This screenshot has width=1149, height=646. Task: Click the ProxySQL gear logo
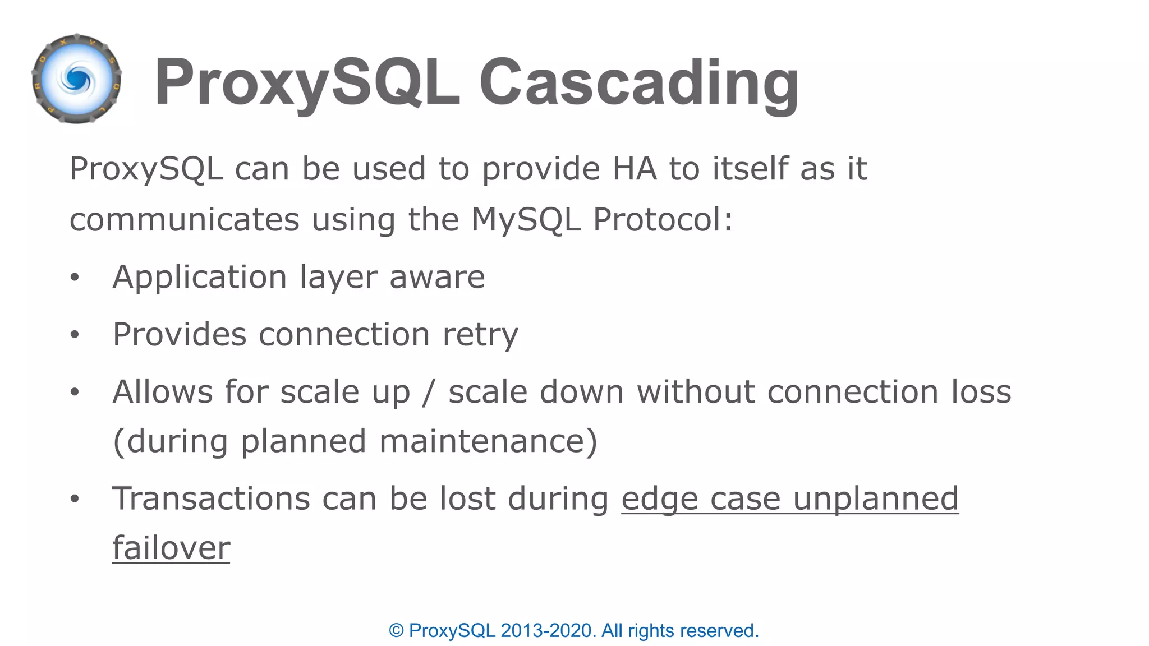click(77, 79)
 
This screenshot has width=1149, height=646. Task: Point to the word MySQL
click(526, 219)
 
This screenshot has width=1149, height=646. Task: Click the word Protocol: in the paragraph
click(663, 219)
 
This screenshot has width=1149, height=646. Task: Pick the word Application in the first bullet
click(200, 277)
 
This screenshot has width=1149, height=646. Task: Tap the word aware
click(437, 277)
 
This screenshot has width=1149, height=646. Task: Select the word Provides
click(180, 335)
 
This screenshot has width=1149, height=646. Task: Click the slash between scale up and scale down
click(429, 392)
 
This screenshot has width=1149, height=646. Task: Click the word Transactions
click(211, 499)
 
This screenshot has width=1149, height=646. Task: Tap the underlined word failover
click(171, 548)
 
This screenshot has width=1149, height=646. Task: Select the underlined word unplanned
click(876, 499)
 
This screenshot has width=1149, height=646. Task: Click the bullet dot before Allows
click(75, 392)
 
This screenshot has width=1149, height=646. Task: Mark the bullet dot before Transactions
click(75, 499)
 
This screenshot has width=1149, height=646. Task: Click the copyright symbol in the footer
click(396, 631)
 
